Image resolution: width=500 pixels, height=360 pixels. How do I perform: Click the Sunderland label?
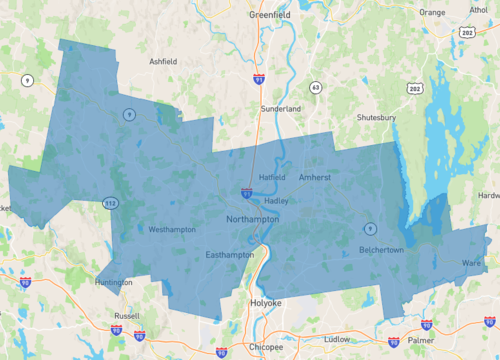click(280, 108)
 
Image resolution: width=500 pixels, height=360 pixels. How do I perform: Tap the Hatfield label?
click(272, 177)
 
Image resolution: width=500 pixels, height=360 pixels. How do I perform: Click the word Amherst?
click(315, 177)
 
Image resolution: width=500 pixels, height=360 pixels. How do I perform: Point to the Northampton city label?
click(253, 218)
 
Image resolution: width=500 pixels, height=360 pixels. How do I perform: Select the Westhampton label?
click(172, 229)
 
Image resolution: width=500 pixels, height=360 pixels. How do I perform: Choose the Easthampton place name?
click(230, 255)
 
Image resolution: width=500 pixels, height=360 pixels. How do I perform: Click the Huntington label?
click(114, 282)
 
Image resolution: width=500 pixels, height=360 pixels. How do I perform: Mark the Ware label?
click(471, 263)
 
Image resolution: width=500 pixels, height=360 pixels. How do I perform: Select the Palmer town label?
click(421, 341)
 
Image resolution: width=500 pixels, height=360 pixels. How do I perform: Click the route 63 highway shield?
click(315, 87)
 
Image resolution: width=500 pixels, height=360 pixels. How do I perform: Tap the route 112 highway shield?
click(109, 204)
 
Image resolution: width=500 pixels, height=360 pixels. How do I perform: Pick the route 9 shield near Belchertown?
click(369, 228)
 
